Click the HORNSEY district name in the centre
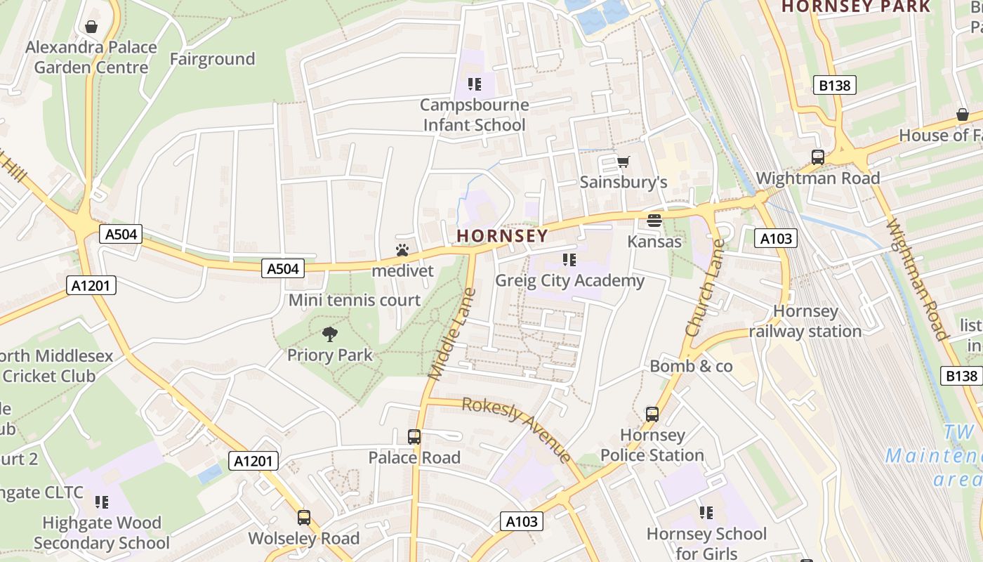point(501,235)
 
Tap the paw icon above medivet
point(402,250)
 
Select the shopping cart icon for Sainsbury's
point(623,162)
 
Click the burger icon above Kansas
point(654,221)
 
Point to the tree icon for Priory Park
point(329,334)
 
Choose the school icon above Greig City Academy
point(569,260)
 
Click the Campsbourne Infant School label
point(474,115)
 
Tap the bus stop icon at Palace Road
point(414,437)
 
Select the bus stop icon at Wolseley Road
point(304,518)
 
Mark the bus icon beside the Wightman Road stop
point(818,157)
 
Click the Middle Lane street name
point(450,334)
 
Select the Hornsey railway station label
point(805,321)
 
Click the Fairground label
point(212,59)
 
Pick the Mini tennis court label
point(355,300)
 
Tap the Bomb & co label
point(691,366)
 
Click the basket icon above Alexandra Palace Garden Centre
point(91,27)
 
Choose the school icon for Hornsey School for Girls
point(706,513)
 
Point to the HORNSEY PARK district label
point(855,6)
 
